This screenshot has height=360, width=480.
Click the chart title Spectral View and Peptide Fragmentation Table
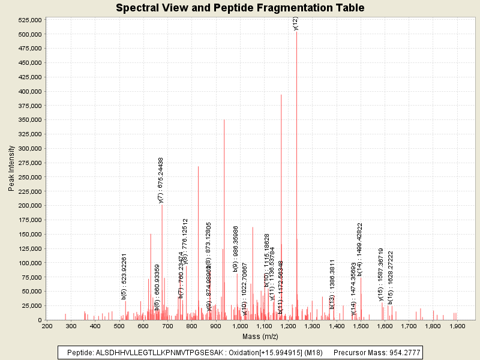240,8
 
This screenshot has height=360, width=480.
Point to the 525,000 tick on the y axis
29,20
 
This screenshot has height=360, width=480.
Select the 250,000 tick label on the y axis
29,177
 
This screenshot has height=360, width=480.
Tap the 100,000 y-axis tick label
29,263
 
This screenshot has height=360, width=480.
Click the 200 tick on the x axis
47,326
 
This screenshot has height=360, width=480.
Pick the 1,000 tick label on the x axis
240,326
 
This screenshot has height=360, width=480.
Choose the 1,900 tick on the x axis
457,326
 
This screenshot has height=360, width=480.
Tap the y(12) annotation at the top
295,23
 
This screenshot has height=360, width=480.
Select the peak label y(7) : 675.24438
161,180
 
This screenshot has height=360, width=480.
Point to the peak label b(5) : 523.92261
124,276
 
